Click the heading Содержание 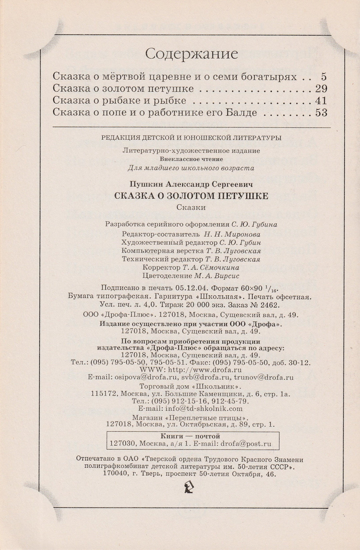click(192, 54)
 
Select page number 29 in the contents click(321, 89)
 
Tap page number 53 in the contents click(321, 113)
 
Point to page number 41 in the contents click(321, 101)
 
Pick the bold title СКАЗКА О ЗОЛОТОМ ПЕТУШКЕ click(191, 196)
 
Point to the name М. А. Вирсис click(217, 276)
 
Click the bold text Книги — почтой click(190, 436)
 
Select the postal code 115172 click(104, 394)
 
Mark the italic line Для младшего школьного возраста click(191, 168)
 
